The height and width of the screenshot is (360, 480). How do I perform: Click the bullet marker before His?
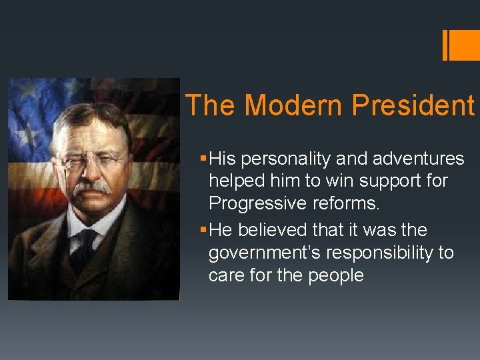pyautogui.click(x=203, y=159)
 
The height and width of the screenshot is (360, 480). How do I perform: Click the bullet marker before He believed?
pyautogui.click(x=203, y=231)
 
